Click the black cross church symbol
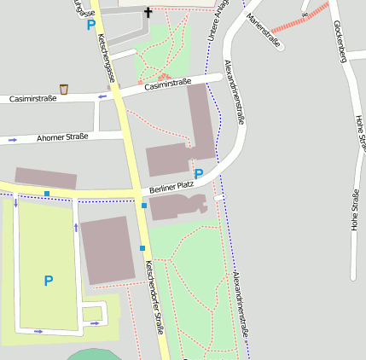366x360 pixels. coord(148,12)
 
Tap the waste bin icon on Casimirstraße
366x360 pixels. coord(64,89)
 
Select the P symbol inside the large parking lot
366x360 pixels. coord(49,280)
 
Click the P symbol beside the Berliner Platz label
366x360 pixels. coord(199,173)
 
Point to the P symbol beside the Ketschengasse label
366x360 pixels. coord(90,25)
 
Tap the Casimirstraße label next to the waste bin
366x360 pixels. coord(167,84)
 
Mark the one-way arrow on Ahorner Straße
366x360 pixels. coord(13,139)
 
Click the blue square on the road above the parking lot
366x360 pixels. coord(46,194)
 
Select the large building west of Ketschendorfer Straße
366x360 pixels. coord(108,249)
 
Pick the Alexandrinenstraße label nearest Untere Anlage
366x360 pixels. coord(234,92)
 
